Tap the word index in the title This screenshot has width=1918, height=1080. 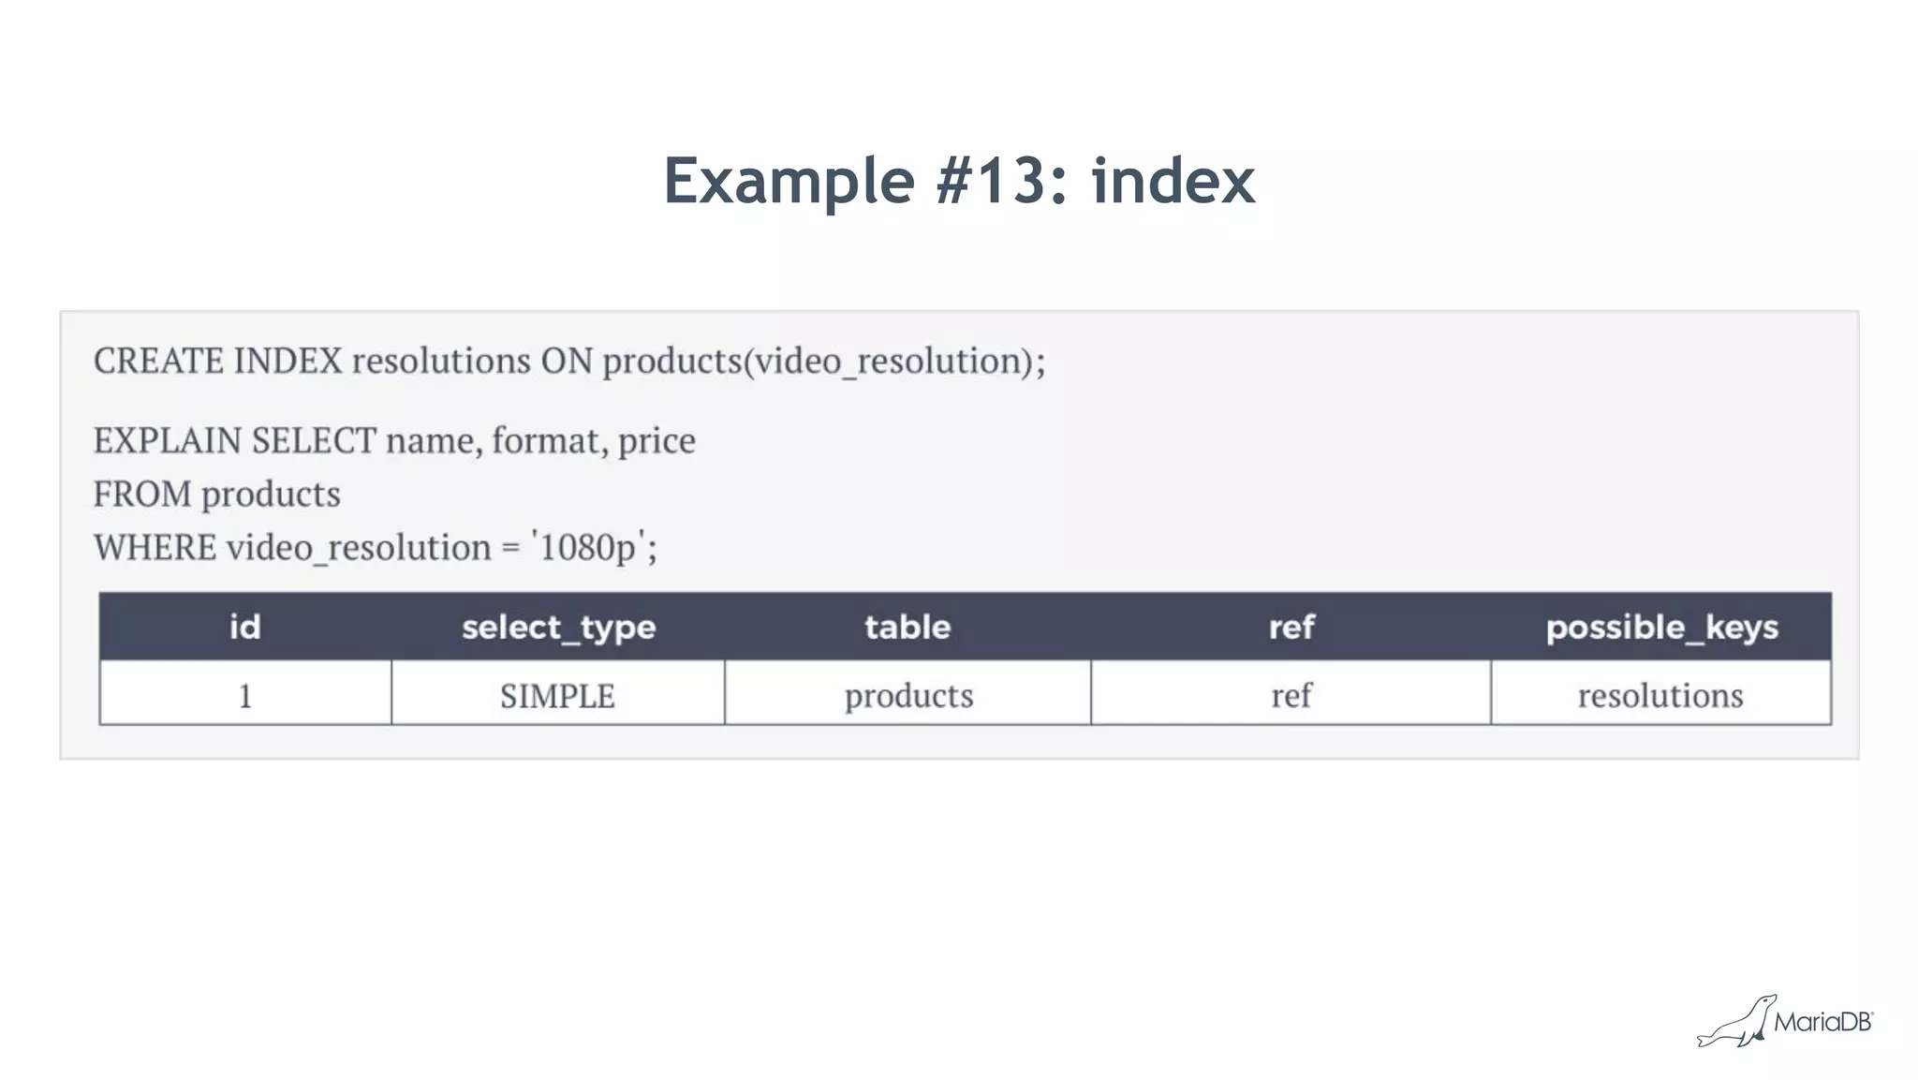[x=1173, y=180]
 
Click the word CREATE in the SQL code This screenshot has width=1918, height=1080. [x=158, y=361]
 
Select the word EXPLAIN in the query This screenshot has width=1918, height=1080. [x=168, y=440]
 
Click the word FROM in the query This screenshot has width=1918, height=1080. [x=141, y=494]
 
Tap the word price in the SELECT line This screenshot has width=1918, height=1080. [x=657, y=440]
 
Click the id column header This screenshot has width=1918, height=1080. [x=245, y=627]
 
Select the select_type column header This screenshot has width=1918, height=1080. [x=558, y=627]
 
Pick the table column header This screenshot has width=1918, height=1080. [x=907, y=627]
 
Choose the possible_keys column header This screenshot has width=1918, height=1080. [x=1661, y=627]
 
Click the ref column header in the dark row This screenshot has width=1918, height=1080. [x=1291, y=627]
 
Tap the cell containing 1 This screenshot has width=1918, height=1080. [x=245, y=695]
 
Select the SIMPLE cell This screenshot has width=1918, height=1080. [x=558, y=695]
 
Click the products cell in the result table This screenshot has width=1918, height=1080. [x=908, y=695]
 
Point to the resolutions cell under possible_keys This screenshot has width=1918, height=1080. [x=1660, y=695]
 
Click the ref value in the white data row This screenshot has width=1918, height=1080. [x=1291, y=695]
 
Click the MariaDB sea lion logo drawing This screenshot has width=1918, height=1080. [x=1738, y=1023]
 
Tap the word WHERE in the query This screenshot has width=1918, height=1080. [x=155, y=547]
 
